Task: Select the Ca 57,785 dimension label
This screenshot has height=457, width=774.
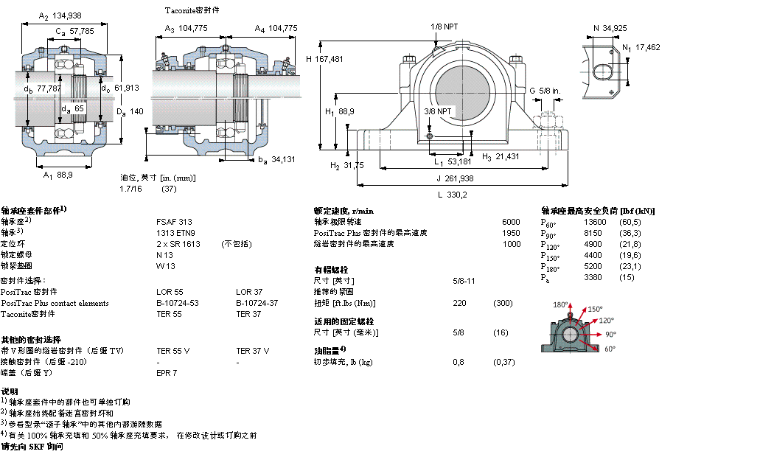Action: (74, 31)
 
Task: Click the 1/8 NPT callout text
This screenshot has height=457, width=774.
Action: (444, 27)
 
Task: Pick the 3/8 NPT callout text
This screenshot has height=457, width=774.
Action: (438, 111)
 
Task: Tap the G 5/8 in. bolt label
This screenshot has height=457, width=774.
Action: (545, 91)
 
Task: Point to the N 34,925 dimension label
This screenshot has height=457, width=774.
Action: (610, 28)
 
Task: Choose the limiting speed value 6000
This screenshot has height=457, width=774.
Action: (510, 221)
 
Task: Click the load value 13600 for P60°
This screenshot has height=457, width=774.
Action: (595, 222)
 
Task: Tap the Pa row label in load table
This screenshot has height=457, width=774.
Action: (545, 278)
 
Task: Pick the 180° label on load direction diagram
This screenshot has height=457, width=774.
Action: (562, 304)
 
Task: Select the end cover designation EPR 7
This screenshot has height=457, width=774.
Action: (167, 373)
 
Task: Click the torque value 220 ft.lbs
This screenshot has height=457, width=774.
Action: (459, 303)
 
